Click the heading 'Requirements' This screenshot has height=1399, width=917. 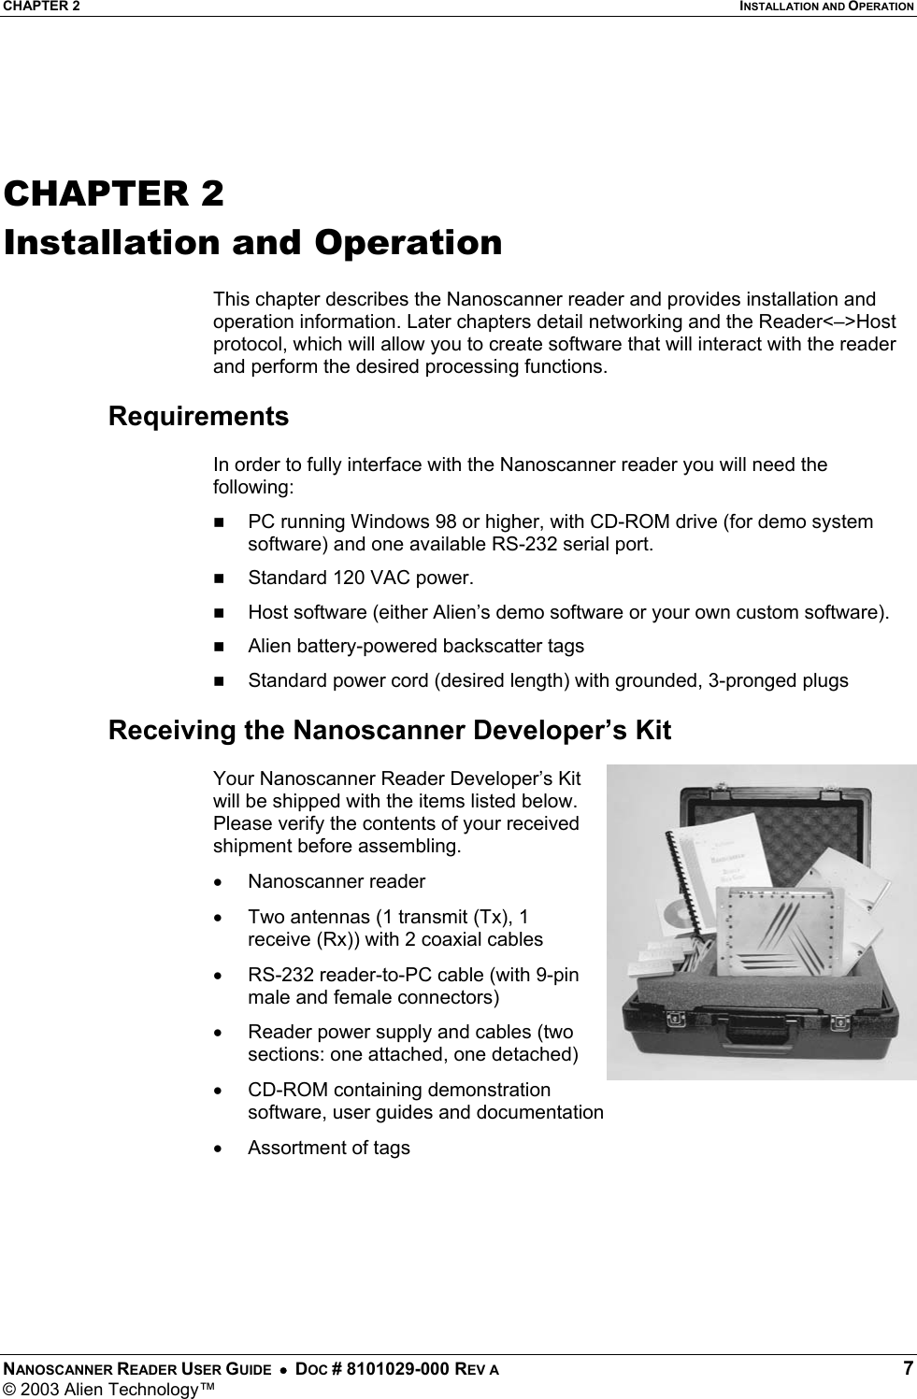(x=198, y=416)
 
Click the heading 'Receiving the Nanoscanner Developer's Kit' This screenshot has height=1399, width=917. (x=389, y=730)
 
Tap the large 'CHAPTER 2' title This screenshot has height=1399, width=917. (x=114, y=193)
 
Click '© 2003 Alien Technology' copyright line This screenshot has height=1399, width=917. (x=107, y=1388)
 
